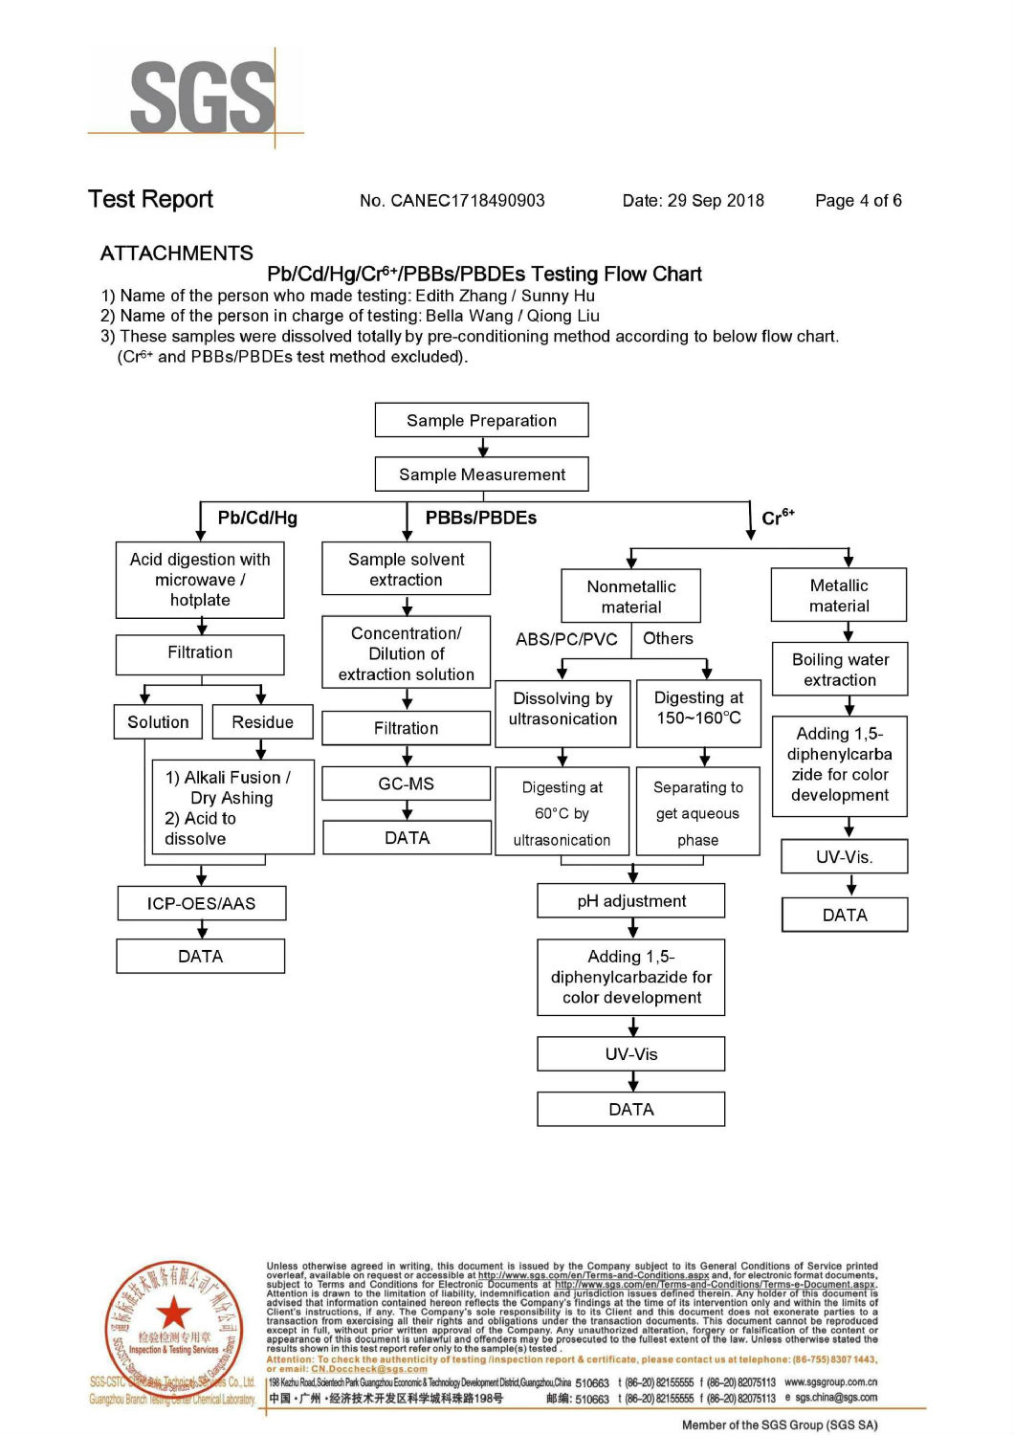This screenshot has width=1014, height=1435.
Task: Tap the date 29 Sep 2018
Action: click(x=716, y=201)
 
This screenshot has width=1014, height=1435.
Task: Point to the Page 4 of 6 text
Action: click(x=858, y=201)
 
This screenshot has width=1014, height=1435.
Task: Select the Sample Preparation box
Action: click(x=481, y=421)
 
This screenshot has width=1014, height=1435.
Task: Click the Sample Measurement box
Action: click(x=481, y=475)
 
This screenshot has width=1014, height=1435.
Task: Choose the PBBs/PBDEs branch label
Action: click(x=480, y=519)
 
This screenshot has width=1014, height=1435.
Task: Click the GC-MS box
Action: click(x=407, y=784)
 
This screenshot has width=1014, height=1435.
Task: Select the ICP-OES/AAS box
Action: click(x=201, y=903)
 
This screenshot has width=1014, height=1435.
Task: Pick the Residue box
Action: click(x=262, y=722)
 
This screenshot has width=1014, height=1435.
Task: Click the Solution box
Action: click(x=158, y=722)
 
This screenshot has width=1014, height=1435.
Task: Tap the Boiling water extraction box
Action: click(x=840, y=670)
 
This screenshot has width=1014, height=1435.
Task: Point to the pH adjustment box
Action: click(x=631, y=901)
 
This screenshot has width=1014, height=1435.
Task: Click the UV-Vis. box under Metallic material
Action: click(x=844, y=857)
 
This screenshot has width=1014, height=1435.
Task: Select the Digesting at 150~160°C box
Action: click(x=698, y=709)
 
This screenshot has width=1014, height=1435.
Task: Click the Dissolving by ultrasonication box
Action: click(x=562, y=709)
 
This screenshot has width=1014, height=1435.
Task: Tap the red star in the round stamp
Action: click(x=174, y=1313)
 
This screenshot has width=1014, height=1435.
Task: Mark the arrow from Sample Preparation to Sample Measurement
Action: click(x=482, y=447)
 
